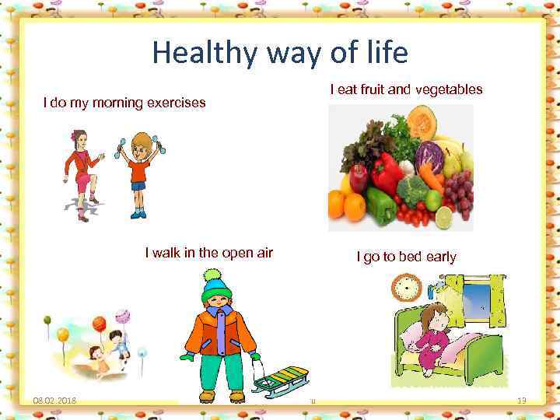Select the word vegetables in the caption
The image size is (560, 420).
(x=448, y=89)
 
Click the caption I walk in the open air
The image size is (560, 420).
(x=208, y=252)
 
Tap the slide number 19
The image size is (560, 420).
(x=522, y=401)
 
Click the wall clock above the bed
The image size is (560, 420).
(x=405, y=289)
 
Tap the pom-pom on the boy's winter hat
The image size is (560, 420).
(x=211, y=275)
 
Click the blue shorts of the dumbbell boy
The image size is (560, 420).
(x=138, y=185)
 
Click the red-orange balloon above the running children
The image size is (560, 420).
(x=99, y=322)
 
